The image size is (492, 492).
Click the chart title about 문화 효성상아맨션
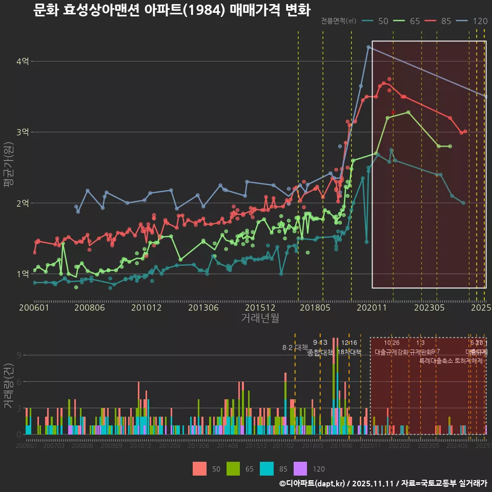[x=172, y=10]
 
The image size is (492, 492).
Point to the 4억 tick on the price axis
[x=22, y=61]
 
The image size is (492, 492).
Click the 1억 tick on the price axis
[x=22, y=274]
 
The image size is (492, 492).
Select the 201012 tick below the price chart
[x=146, y=308]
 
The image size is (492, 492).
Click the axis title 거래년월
[x=260, y=318]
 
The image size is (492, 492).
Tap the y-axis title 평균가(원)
[x=9, y=167]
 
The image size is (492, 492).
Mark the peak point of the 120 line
[x=368, y=47]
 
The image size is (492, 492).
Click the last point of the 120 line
[x=485, y=96]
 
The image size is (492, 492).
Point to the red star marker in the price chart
[x=393, y=112]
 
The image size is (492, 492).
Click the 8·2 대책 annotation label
[x=295, y=347]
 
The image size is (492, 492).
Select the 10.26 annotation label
[x=392, y=343]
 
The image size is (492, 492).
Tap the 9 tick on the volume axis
[x=19, y=355]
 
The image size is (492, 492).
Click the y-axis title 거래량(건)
[x=9, y=386]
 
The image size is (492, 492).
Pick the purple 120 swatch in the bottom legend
[x=300, y=468]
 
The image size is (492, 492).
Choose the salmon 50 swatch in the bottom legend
[x=200, y=468]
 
